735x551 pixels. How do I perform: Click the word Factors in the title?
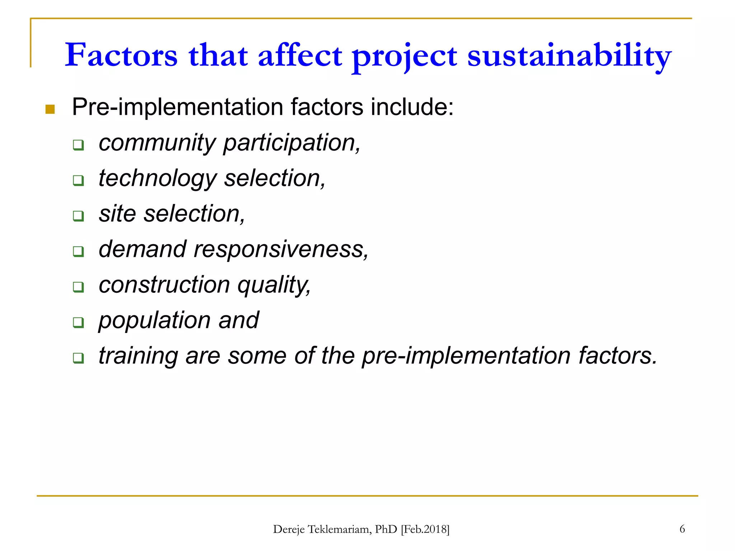click(x=121, y=55)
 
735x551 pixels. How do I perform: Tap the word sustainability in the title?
click(x=569, y=56)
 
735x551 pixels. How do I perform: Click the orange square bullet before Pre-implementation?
click(x=50, y=109)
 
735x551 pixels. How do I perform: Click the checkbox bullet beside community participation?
click(x=78, y=145)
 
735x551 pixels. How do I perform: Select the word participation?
click(x=291, y=143)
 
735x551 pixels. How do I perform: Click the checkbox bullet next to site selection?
click(x=78, y=216)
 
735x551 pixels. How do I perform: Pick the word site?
click(x=117, y=213)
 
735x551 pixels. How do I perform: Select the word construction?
click(x=164, y=284)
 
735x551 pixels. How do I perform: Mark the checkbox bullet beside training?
click(x=78, y=358)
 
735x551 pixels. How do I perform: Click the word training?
click(x=138, y=356)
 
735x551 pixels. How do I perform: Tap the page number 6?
click(x=682, y=529)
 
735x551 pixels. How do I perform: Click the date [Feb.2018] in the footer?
click(x=425, y=529)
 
